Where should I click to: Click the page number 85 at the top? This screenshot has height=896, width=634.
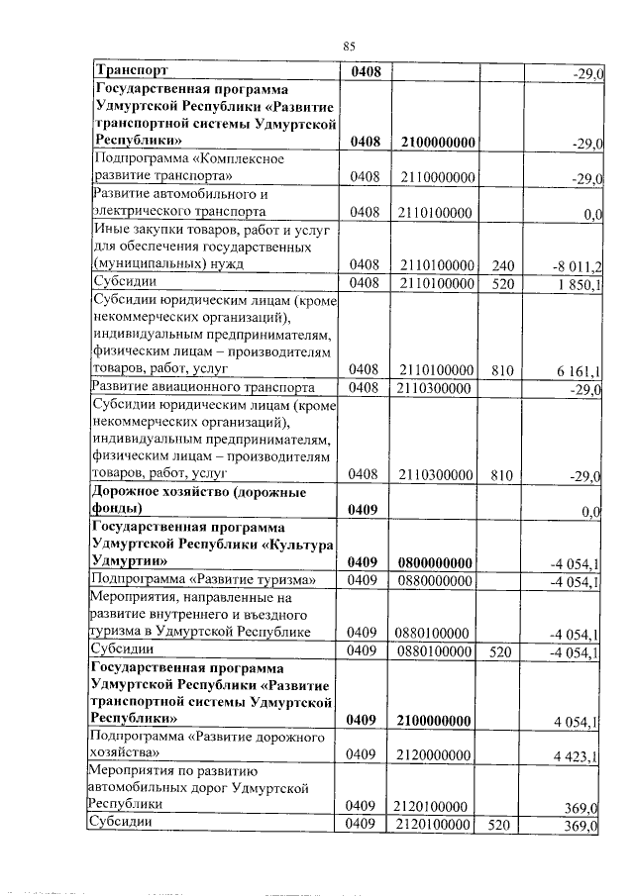[349, 46]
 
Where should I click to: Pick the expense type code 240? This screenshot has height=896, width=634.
[502, 264]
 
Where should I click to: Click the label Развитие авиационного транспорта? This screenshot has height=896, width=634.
[203, 387]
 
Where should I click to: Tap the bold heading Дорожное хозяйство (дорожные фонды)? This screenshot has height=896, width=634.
[185, 500]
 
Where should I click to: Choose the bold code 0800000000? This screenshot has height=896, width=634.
[438, 562]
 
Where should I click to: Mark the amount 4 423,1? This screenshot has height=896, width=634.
[580, 759]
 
